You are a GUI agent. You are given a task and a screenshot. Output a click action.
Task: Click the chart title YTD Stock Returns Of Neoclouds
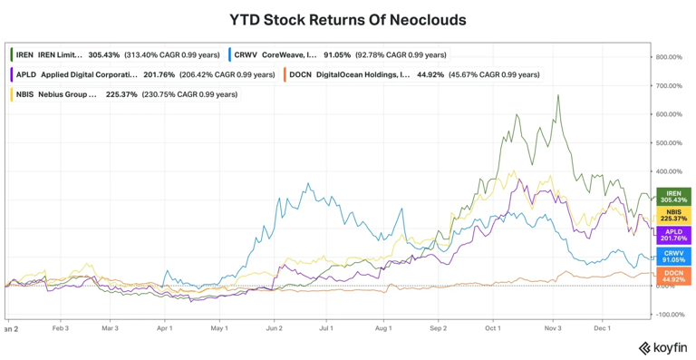pos(348,19)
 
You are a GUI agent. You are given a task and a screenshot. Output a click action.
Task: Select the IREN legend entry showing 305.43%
pos(117,55)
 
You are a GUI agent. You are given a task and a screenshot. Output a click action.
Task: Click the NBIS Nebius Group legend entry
pos(124,93)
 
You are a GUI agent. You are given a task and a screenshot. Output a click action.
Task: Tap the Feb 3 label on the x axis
pos(61,329)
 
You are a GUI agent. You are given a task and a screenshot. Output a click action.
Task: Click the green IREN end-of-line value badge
pos(673,197)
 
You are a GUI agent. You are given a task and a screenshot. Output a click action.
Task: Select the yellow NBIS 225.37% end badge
pos(673,215)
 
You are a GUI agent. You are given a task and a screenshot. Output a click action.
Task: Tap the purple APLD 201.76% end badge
pos(673,236)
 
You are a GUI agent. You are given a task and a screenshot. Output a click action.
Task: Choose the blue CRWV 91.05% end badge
pos(673,257)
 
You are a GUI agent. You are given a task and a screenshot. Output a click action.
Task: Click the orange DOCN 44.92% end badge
pos(673,276)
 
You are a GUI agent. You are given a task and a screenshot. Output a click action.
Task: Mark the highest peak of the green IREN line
pos(558,95)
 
